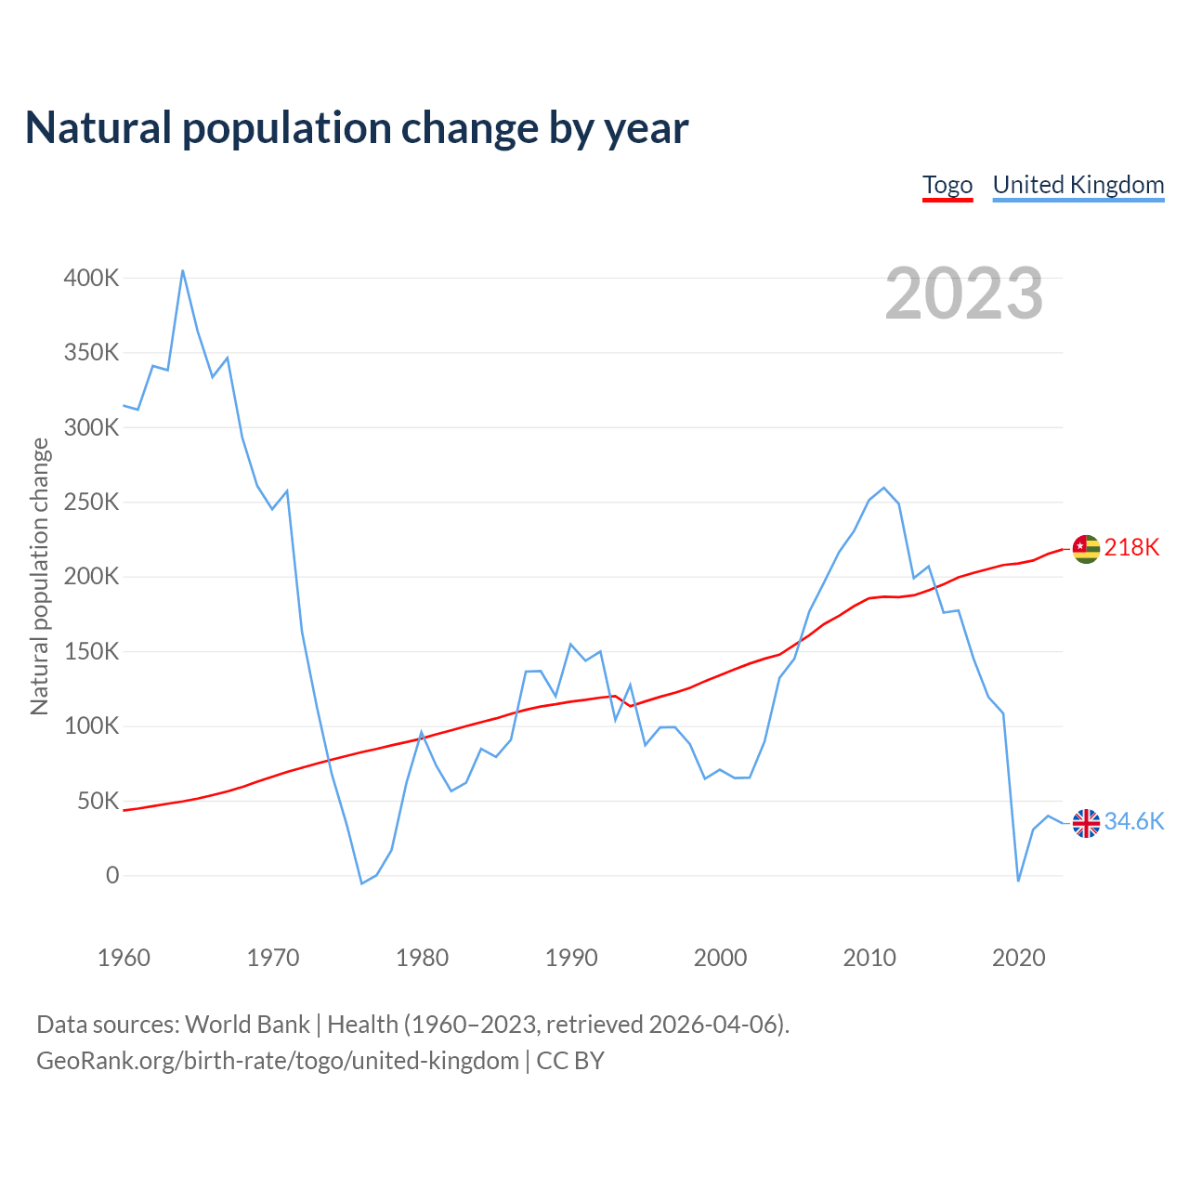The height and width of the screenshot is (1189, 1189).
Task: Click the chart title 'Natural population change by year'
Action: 357,128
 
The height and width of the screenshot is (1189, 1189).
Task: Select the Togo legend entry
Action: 947,185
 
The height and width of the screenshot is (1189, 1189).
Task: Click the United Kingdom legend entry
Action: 1078,185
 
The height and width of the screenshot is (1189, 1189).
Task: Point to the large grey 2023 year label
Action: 963,294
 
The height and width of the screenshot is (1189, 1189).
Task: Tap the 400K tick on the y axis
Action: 91,278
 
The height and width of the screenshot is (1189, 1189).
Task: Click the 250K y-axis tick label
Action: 91,503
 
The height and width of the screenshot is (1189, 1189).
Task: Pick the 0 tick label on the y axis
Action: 112,875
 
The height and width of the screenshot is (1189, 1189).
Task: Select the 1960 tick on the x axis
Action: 124,958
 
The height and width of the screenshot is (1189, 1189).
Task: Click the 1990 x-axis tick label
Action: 571,958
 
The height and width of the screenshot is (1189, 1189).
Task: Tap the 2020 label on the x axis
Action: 1019,958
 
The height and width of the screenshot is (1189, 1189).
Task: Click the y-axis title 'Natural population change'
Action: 39,577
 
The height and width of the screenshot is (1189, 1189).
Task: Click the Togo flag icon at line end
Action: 1086,549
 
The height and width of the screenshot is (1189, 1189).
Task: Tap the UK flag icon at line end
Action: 1086,823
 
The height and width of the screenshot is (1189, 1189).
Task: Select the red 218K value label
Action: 1131,547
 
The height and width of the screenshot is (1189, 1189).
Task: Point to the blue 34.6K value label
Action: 1133,821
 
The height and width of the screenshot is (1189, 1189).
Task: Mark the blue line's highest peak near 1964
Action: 183,270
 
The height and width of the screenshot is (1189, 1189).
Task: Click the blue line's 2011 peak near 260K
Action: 883,488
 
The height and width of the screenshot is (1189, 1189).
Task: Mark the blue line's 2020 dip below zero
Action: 1018,881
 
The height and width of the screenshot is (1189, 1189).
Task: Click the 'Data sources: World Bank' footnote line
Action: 412,1025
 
